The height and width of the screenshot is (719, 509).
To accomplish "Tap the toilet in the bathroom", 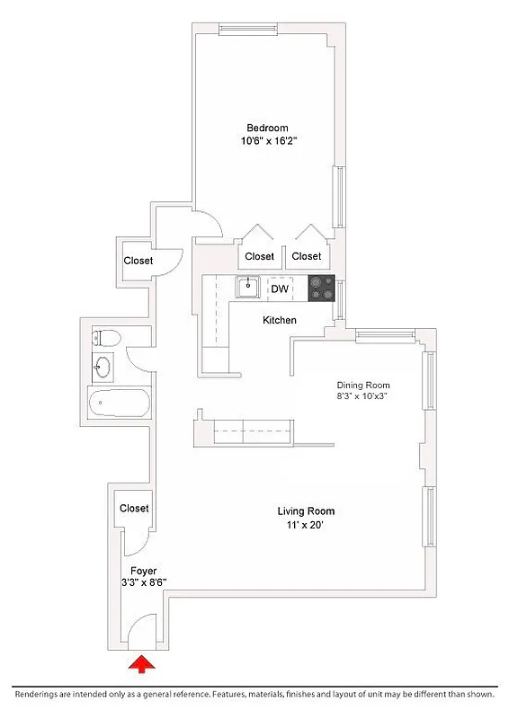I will [104, 339].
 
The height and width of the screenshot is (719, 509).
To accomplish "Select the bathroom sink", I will [104, 368].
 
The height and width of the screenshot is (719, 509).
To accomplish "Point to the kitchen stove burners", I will [321, 288].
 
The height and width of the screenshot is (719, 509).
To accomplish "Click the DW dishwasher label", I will [280, 289].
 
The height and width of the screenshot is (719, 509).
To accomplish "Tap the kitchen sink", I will [248, 288].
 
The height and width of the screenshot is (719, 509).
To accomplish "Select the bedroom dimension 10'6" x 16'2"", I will [268, 141].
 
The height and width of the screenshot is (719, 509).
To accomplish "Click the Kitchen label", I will [280, 320].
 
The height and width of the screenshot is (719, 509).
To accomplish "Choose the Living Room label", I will [307, 510].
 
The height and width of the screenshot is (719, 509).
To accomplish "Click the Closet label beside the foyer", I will [134, 508].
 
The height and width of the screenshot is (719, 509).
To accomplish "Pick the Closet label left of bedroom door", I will [138, 261].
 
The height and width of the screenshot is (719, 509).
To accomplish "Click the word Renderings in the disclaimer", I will [40, 694].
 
